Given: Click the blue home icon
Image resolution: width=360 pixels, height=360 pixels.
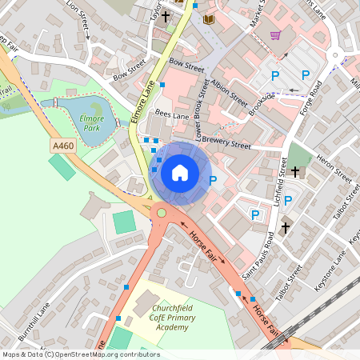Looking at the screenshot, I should (180, 172).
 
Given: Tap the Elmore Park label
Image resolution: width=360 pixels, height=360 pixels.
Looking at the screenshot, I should (93, 122).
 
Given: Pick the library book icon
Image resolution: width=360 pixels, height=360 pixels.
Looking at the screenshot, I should (209, 19).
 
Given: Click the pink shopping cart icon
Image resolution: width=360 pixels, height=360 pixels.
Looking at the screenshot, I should (276, 35).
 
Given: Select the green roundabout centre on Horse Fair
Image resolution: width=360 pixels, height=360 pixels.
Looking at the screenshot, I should (162, 212).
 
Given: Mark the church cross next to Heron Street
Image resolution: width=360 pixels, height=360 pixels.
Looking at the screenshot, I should (294, 171).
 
